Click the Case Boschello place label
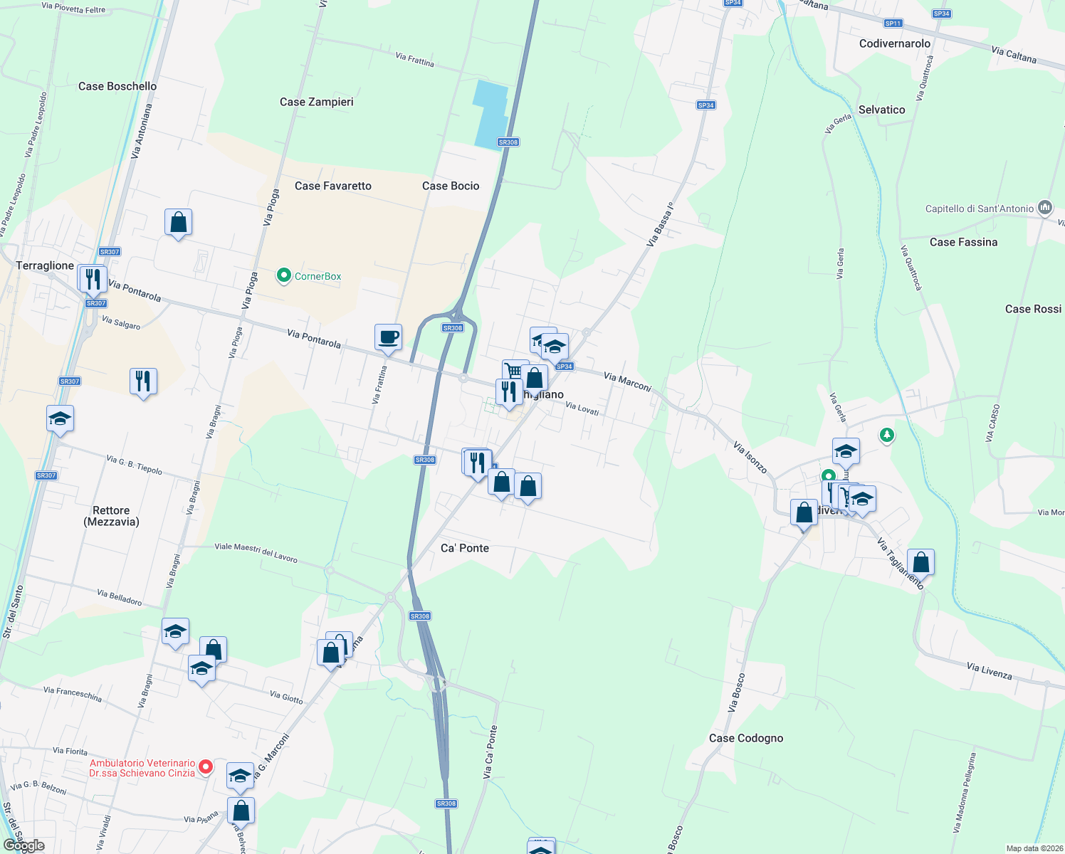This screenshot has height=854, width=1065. (117, 86)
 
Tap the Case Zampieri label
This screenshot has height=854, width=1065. (317, 102)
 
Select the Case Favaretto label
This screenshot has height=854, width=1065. (333, 186)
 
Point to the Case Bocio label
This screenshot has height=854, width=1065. (451, 186)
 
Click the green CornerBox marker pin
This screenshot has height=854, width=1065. (284, 275)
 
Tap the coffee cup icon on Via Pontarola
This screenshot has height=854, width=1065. (389, 337)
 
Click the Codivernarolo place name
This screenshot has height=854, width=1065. (895, 43)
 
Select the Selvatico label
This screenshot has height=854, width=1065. (882, 110)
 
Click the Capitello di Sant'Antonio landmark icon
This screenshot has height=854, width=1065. (1045, 208)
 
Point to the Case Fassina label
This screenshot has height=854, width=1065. (963, 242)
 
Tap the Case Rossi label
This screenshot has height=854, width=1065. (1033, 309)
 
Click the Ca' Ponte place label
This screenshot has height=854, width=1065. (465, 548)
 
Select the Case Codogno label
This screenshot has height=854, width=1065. (746, 738)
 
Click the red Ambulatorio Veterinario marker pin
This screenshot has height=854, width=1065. (206, 766)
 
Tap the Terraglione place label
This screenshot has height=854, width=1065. (45, 265)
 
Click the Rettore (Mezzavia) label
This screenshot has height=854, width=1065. (111, 516)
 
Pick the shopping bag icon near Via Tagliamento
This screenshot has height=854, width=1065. (920, 563)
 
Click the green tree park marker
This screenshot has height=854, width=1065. (886, 434)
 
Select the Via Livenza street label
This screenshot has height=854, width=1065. (990, 670)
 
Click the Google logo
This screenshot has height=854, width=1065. (24, 845)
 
